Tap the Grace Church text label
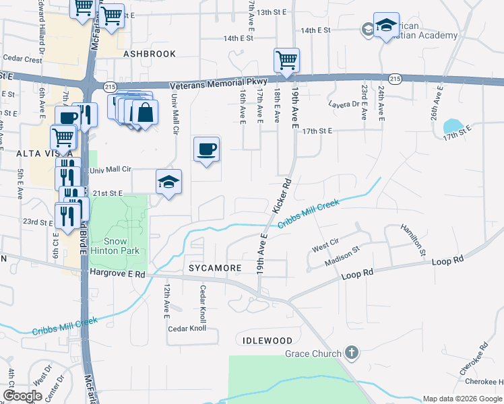pos(313,353)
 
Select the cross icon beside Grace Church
pos(351,353)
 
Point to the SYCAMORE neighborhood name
pos(215,268)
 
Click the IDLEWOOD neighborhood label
pos(263,341)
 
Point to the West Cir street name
pos(325,248)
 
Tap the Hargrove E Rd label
pos(117,274)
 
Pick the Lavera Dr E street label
pos(344,104)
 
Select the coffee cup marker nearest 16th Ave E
pos(206,149)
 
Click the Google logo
pos(23,396)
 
